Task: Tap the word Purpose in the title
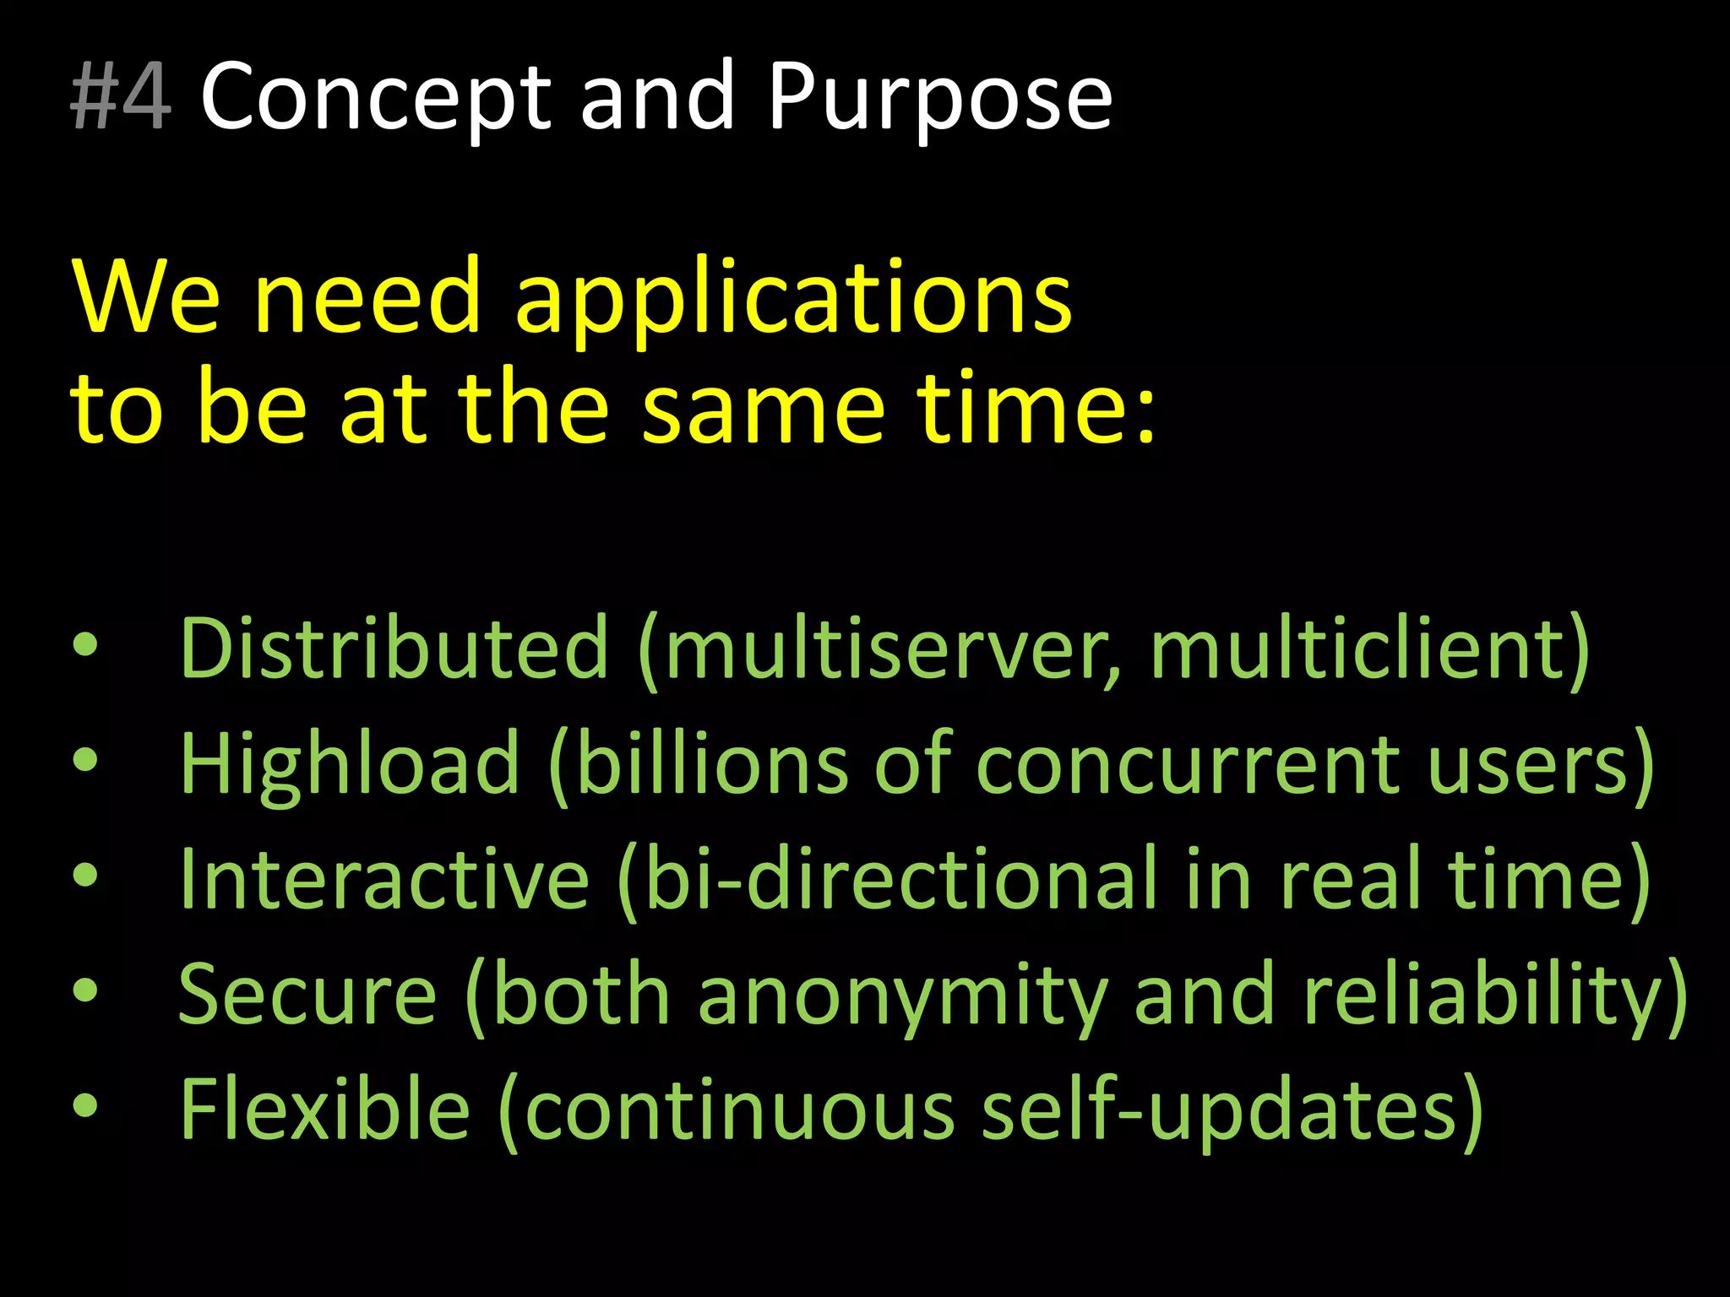(x=939, y=100)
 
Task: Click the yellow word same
(x=763, y=409)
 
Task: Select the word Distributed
(x=394, y=648)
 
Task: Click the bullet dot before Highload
(x=85, y=761)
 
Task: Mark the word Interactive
(x=384, y=879)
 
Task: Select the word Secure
(x=307, y=995)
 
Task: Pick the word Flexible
(x=324, y=1109)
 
